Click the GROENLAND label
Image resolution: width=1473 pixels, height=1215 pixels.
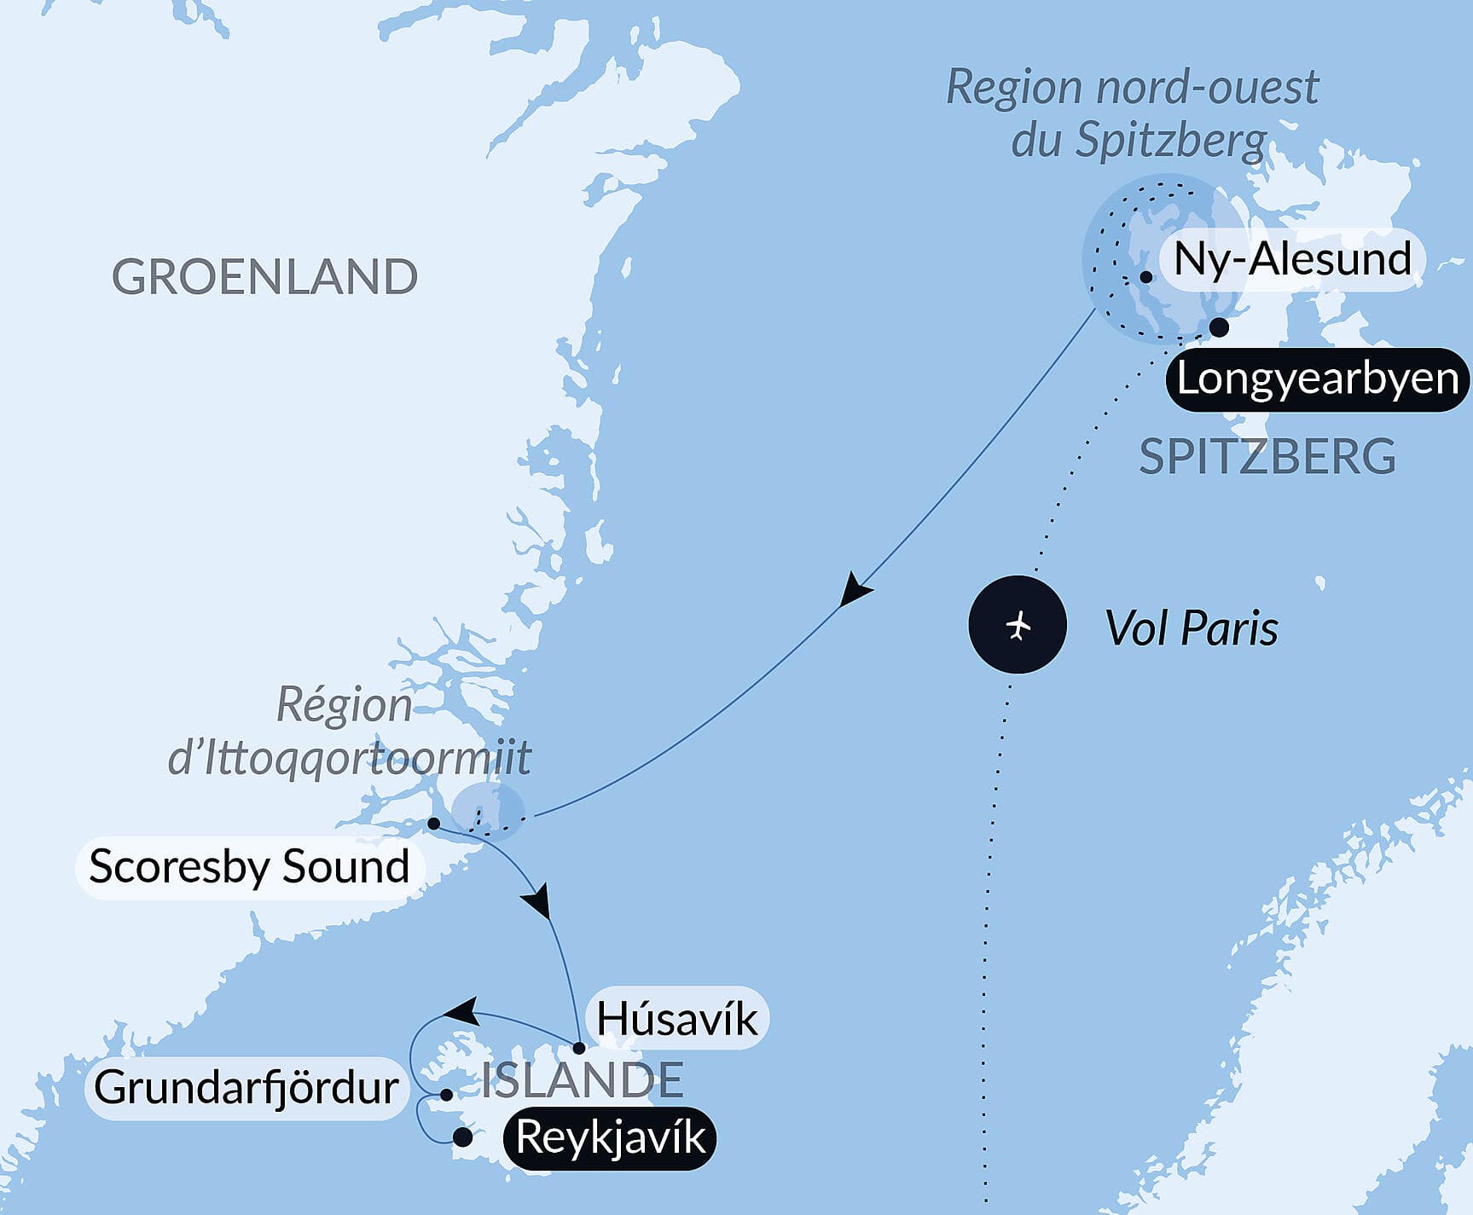(x=264, y=277)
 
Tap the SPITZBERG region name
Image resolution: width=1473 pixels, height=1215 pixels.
(x=1267, y=457)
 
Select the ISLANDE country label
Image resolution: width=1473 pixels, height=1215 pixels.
(x=583, y=1080)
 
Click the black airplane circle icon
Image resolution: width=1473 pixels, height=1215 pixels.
(x=1018, y=625)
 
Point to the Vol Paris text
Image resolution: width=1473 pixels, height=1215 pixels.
(x=1192, y=629)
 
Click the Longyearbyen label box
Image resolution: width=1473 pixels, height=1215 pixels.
(x=1317, y=379)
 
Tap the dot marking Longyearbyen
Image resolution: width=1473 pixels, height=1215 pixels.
(x=1220, y=327)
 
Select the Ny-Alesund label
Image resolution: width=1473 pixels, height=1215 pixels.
(x=1292, y=258)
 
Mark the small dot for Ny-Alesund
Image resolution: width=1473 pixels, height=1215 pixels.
(x=1146, y=277)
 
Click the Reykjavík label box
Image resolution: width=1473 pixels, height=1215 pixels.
(x=611, y=1137)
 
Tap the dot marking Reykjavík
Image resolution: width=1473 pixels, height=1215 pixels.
(x=462, y=1137)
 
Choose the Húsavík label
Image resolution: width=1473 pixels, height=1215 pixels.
(x=676, y=1019)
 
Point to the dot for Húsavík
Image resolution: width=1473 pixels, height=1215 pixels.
(x=578, y=1048)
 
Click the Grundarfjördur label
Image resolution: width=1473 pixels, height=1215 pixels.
(x=246, y=1088)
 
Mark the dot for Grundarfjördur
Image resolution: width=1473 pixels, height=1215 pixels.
(x=446, y=1094)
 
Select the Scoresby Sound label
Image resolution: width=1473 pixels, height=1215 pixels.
(x=249, y=867)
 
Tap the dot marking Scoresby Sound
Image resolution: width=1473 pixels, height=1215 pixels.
(x=433, y=824)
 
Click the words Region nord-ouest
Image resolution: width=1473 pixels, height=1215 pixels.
(x=1132, y=87)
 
